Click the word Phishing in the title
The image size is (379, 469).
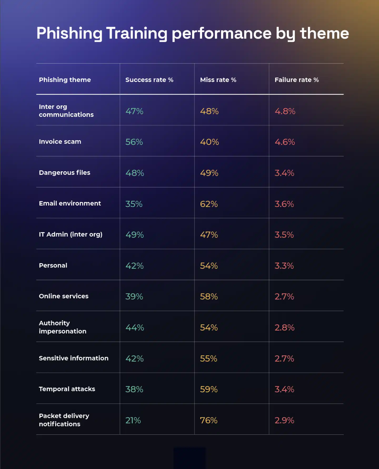pyautogui.click(x=69, y=34)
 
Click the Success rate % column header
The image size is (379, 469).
pyautogui.click(x=149, y=80)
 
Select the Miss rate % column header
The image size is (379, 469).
pyautogui.click(x=218, y=80)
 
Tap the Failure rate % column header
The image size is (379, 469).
pyautogui.click(x=296, y=80)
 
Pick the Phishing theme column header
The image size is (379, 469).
pyautogui.click(x=65, y=80)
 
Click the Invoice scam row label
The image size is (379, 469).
pyautogui.click(x=60, y=142)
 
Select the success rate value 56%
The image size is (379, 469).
pyautogui.click(x=134, y=142)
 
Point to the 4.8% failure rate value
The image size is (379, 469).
pyautogui.click(x=285, y=111)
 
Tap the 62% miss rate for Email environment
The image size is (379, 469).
pyautogui.click(x=209, y=204)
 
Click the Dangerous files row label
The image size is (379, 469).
pyautogui.click(x=64, y=173)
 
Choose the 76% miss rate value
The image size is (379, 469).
pyautogui.click(x=208, y=420)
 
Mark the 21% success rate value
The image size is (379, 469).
pyautogui.click(x=133, y=420)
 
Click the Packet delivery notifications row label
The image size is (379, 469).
pyautogui.click(x=64, y=420)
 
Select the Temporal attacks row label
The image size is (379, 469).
pyautogui.click(x=67, y=389)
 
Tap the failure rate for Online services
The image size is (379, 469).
pyautogui.click(x=284, y=297)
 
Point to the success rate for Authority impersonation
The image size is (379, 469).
pyautogui.click(x=134, y=328)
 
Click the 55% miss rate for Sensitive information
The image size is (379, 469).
pyautogui.click(x=208, y=359)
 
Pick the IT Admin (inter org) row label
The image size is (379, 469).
pyautogui.click(x=71, y=234)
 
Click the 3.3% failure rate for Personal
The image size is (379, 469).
pyautogui.click(x=284, y=266)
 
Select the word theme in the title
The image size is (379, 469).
pyautogui.click(x=324, y=34)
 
